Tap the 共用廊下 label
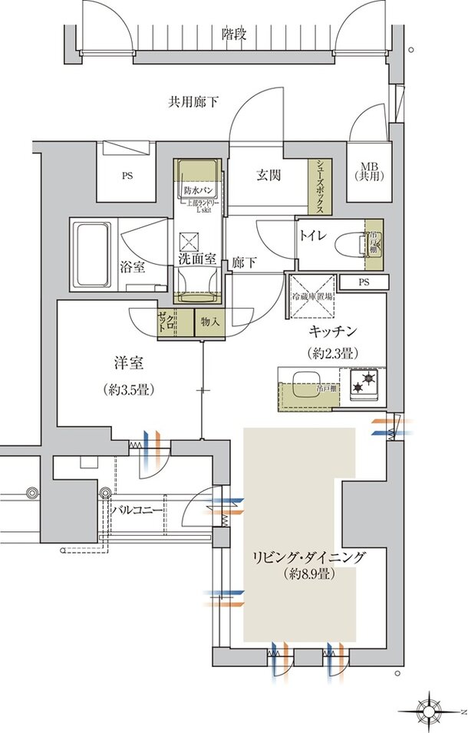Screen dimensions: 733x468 pos(193,101)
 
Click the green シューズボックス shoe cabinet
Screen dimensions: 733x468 pos(315,187)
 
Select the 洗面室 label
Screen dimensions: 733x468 pos(197,259)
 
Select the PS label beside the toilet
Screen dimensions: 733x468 pos(363,282)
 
